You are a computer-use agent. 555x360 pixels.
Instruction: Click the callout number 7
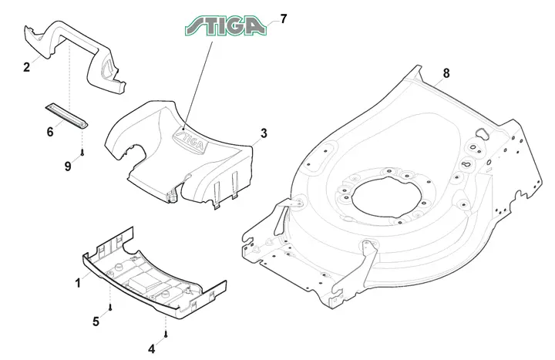[x=283, y=19]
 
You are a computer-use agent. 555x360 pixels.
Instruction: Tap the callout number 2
[x=26, y=67]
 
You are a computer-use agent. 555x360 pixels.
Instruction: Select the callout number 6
[x=50, y=132]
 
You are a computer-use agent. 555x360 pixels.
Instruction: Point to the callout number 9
[x=68, y=166]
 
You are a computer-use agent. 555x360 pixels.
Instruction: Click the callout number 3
[x=264, y=133]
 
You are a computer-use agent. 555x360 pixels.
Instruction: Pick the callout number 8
[x=446, y=73]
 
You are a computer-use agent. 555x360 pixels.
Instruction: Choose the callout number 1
[x=78, y=283]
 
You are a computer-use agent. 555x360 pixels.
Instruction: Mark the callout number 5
[x=96, y=321]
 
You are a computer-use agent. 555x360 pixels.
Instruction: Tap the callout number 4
[x=152, y=349]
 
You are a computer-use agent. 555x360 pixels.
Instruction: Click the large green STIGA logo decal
[x=226, y=25]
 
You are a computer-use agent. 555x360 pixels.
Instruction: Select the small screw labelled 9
[x=82, y=153]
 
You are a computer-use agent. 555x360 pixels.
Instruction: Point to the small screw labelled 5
[x=110, y=308]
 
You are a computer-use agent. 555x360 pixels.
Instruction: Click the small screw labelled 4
[x=165, y=334]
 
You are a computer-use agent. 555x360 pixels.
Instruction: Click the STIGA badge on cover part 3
[x=188, y=140]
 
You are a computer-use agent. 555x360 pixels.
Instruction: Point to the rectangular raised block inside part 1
[x=142, y=283]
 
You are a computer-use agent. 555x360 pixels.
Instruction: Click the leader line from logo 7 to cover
[x=198, y=86]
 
